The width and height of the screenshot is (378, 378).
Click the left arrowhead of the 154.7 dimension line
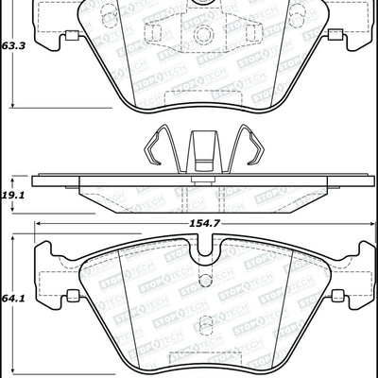click(x=39, y=223)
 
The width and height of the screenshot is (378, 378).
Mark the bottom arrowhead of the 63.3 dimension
click(x=10, y=107)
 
